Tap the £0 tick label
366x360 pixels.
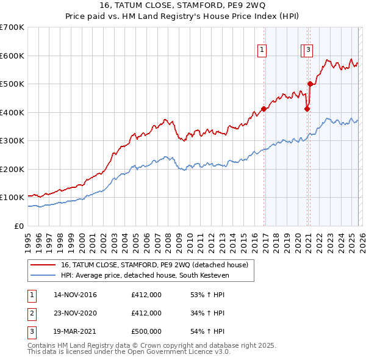point(18,226)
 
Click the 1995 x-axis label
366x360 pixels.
point(28,237)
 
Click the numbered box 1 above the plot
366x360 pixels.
point(262,51)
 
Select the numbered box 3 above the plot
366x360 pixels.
point(309,51)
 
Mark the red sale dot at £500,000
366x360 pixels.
point(310,84)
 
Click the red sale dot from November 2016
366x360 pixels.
point(264,109)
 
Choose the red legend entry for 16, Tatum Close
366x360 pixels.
point(154,265)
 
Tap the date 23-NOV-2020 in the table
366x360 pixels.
point(76,313)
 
